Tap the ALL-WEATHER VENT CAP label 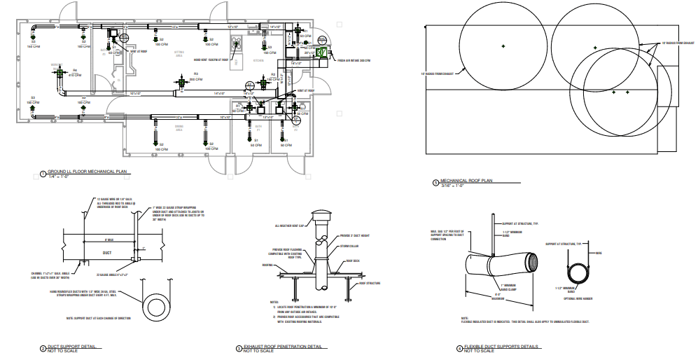[x=291, y=226]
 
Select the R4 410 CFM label [x=75, y=73]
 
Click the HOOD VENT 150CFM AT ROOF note [x=211, y=60]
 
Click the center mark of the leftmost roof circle [x=503, y=46]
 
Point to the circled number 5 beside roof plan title [x=435, y=184]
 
